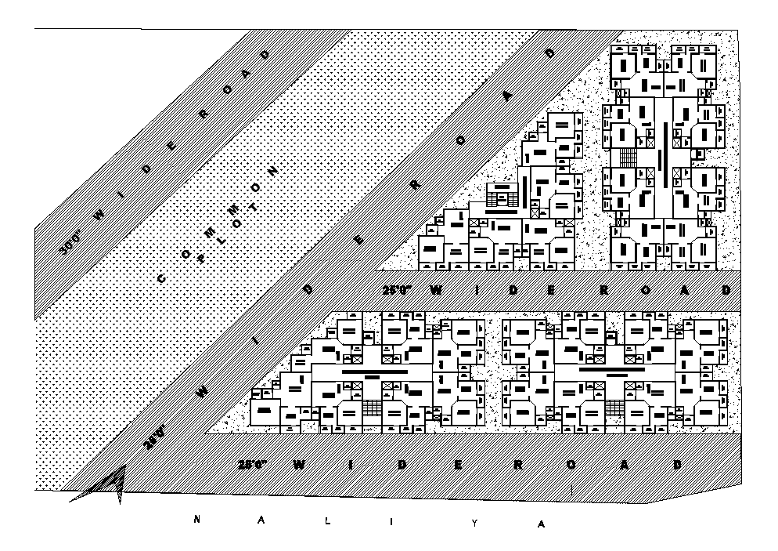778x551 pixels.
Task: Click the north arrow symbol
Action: (x=117, y=482)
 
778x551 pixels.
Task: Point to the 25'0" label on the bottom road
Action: (x=252, y=464)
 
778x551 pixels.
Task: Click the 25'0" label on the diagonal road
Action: (x=154, y=437)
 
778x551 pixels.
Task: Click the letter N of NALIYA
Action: (x=199, y=519)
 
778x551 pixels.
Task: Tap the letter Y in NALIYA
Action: (x=473, y=523)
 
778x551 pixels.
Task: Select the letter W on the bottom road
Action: (x=299, y=464)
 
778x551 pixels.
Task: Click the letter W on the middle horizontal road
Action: (x=435, y=290)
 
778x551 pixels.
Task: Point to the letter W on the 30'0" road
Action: (x=99, y=213)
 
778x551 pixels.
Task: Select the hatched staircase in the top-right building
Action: (x=629, y=156)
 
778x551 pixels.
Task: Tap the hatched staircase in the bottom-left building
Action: (x=372, y=408)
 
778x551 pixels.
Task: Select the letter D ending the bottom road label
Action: (x=677, y=464)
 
